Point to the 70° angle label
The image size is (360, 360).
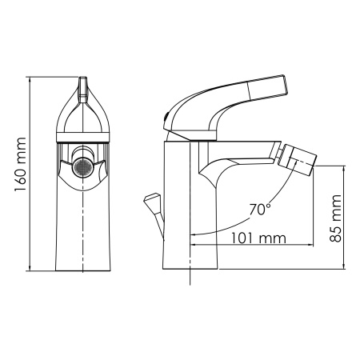click(x=259, y=210)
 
